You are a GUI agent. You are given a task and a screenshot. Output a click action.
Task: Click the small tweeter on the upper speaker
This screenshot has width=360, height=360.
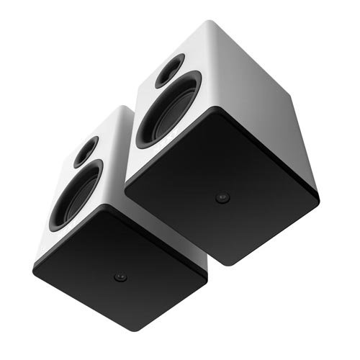(x=170, y=71)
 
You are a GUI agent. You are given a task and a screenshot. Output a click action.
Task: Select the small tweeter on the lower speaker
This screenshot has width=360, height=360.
(x=86, y=151)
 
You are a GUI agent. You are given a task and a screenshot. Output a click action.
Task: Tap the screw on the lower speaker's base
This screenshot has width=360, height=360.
(x=120, y=277)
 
